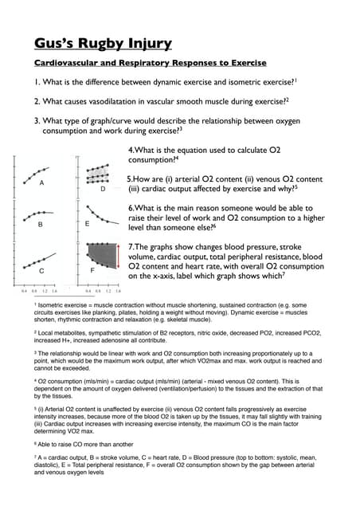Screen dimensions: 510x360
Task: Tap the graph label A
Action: [41, 183]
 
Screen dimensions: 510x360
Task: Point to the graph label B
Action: [41, 224]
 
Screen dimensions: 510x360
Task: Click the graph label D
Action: [103, 188]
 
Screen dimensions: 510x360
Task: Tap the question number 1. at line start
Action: [37, 83]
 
